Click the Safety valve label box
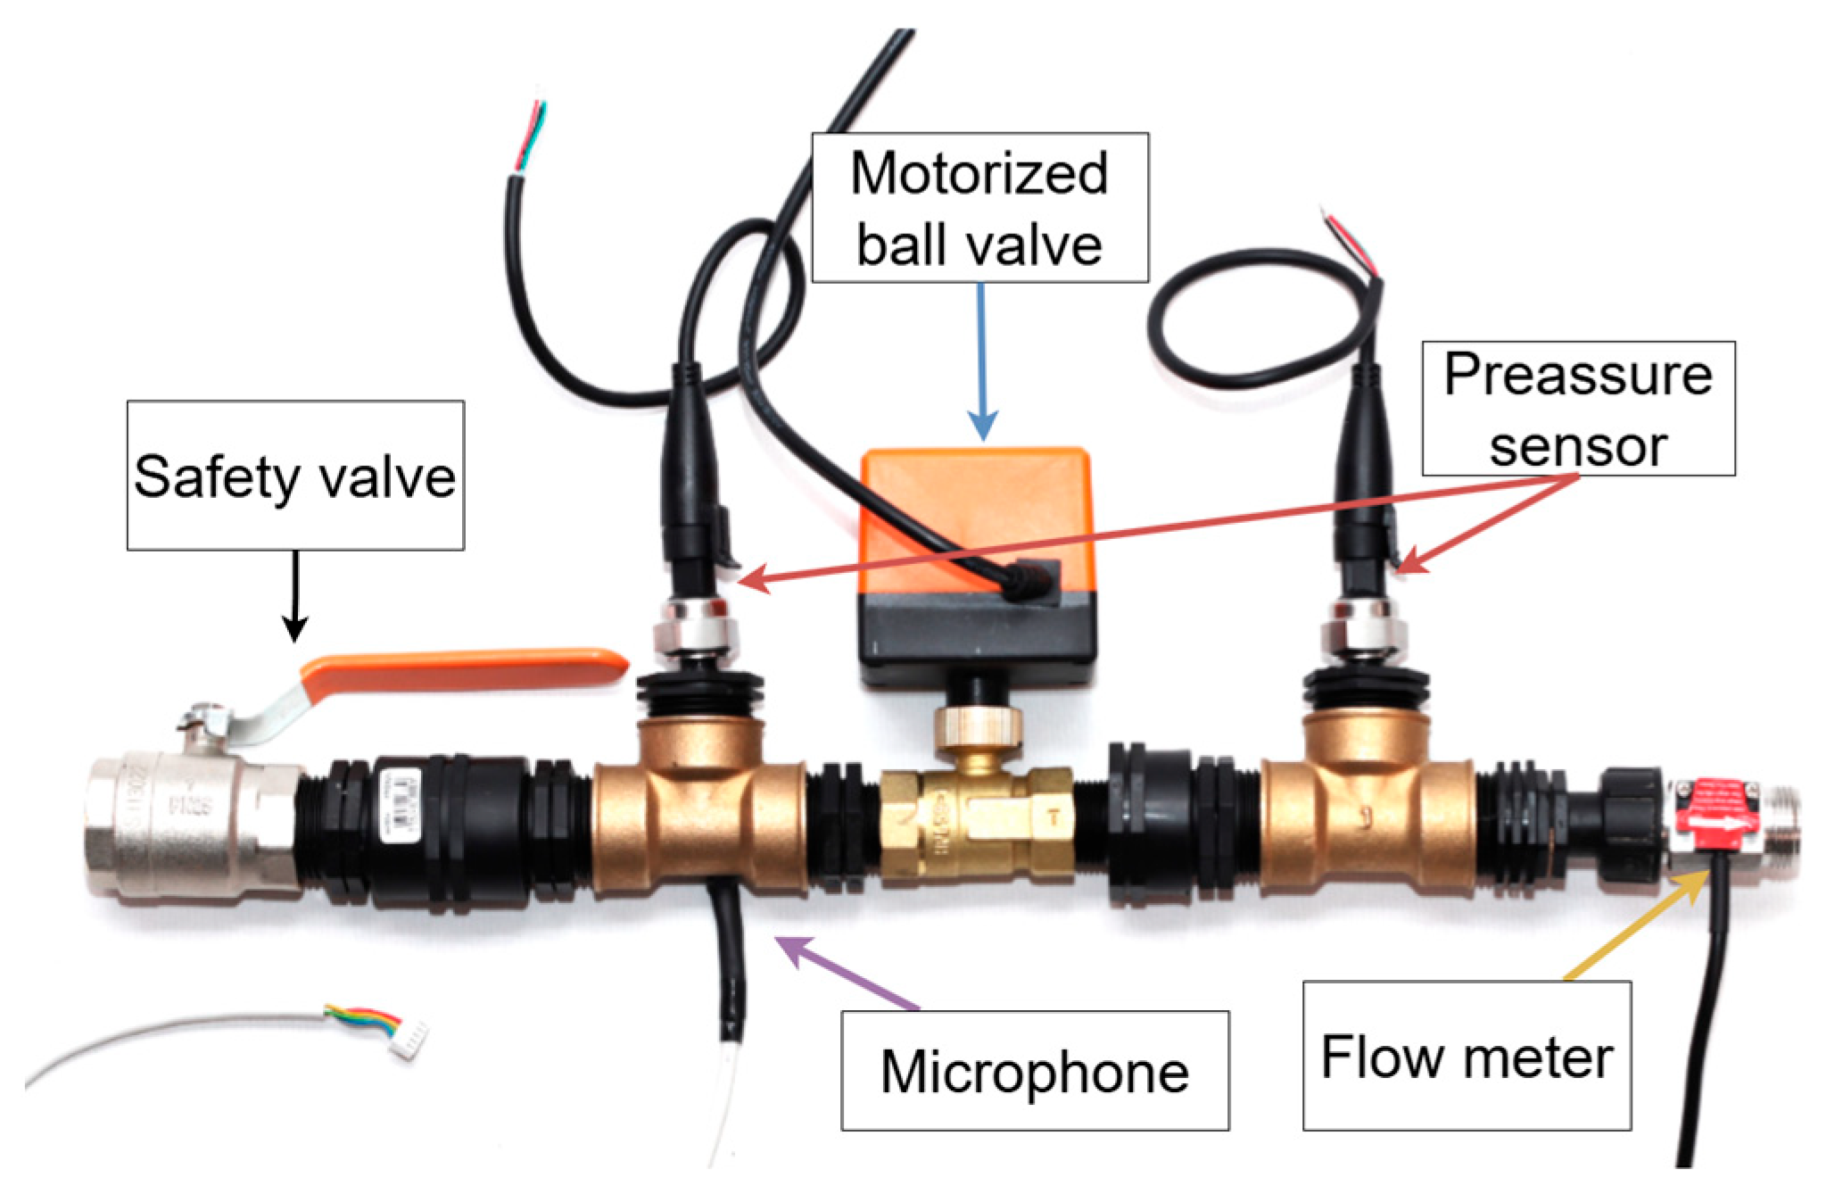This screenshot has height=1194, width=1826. click(295, 474)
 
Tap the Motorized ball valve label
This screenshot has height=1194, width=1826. click(979, 208)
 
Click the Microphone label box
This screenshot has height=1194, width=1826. click(1035, 1070)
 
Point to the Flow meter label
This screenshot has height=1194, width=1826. click(1467, 1057)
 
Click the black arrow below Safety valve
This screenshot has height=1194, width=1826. click(295, 594)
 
